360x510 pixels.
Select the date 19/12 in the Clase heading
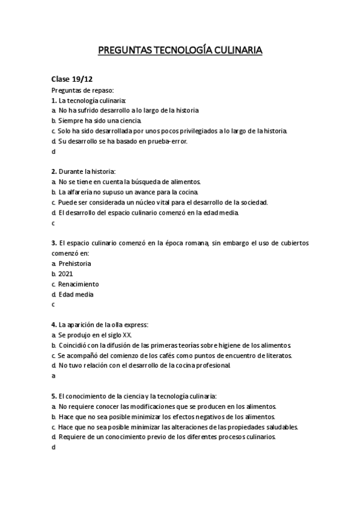(x=82, y=79)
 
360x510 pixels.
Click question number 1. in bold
(x=54, y=100)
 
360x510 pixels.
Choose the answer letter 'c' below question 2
(x=53, y=223)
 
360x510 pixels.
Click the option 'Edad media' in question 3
(x=76, y=295)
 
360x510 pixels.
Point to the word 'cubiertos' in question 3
(x=291, y=242)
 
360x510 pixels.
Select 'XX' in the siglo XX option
(x=126, y=335)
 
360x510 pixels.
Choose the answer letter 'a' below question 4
(x=53, y=376)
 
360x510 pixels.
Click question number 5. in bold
(x=54, y=396)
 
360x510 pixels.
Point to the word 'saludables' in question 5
(x=280, y=427)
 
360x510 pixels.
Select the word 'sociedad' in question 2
(x=252, y=202)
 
